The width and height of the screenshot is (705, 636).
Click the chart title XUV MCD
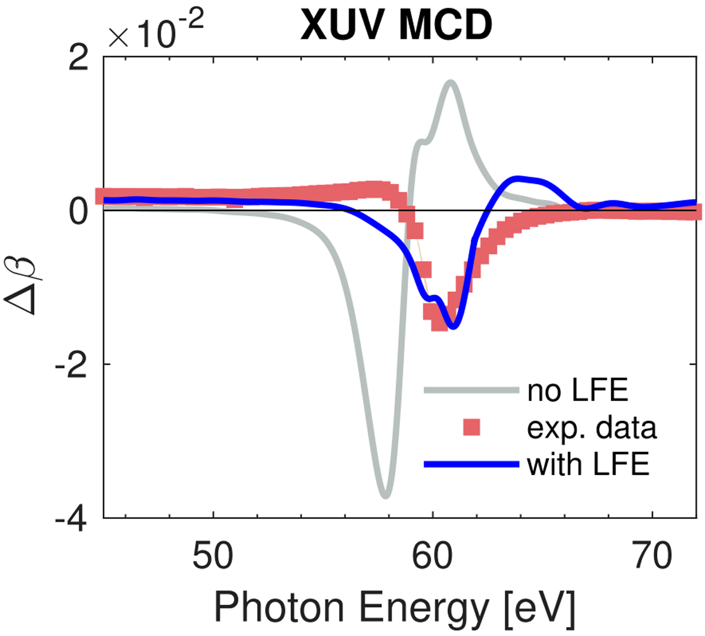pos(397,25)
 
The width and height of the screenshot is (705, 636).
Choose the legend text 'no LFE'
pos(578,390)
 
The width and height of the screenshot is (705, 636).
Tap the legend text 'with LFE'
pos(588,465)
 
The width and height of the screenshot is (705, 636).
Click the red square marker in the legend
pos(472,427)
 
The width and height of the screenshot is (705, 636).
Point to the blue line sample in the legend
pos(472,465)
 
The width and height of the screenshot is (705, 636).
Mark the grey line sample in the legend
pos(472,390)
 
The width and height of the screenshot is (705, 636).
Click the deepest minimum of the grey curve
pos(385,495)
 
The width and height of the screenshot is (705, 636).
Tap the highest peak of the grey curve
pos(451,83)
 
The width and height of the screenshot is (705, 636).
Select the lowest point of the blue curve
pos(453,327)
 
